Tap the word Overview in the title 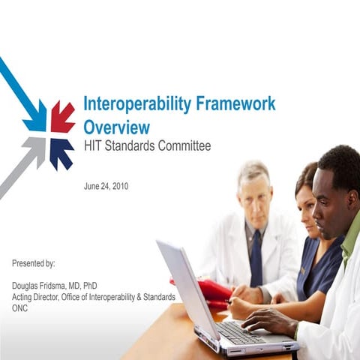pos(116,127)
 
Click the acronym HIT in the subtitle pos(93,146)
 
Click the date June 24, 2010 pos(106,186)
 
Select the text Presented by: pos(34,263)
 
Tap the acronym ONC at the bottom pos(20,307)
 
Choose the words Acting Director pos(38,297)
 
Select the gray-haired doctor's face pos(254,198)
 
